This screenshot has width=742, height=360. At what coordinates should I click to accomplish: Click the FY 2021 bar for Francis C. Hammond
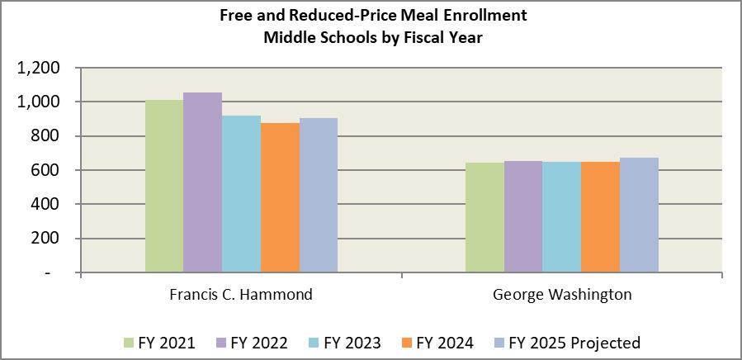[164, 186]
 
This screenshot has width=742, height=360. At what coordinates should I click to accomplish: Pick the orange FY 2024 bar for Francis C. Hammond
[280, 197]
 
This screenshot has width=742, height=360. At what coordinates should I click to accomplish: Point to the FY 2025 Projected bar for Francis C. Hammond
[319, 195]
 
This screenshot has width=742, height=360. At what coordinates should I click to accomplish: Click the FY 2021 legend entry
[160, 343]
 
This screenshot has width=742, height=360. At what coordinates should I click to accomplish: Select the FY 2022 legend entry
[253, 343]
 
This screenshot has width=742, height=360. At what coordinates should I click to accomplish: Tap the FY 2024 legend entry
[437, 343]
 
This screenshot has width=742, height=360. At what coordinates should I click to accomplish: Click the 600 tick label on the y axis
[46, 170]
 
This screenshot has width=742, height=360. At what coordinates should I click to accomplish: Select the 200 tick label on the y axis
[46, 238]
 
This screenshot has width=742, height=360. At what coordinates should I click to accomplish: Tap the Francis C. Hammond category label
[241, 295]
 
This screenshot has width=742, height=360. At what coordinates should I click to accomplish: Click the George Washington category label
[561, 295]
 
